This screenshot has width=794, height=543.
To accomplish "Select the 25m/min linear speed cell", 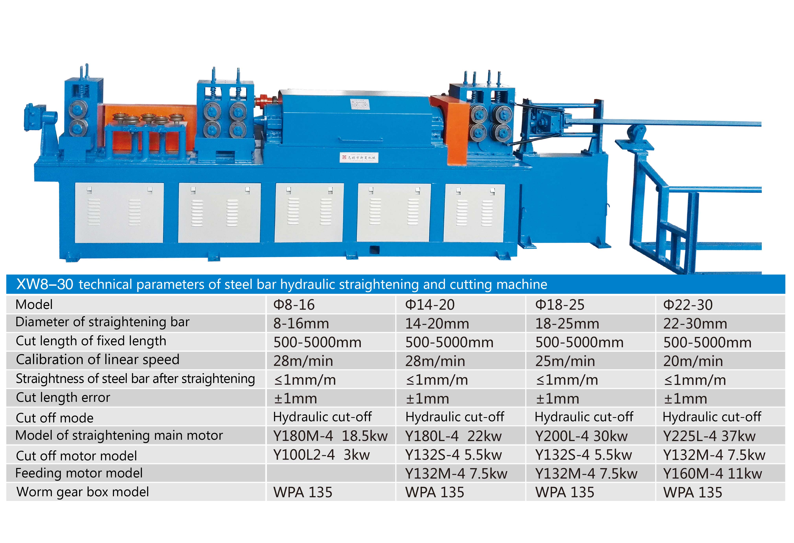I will pyautogui.click(x=565, y=361).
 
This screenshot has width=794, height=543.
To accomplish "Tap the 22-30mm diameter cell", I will pyautogui.click(x=695, y=324).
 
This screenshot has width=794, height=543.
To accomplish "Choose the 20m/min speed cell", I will pyautogui.click(x=693, y=361).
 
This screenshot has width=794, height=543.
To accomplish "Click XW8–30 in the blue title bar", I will pyautogui.click(x=44, y=284).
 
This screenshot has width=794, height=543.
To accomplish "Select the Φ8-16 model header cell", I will pyautogui.click(x=294, y=305).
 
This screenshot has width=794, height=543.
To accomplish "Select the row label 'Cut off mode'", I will pyautogui.click(x=55, y=418).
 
